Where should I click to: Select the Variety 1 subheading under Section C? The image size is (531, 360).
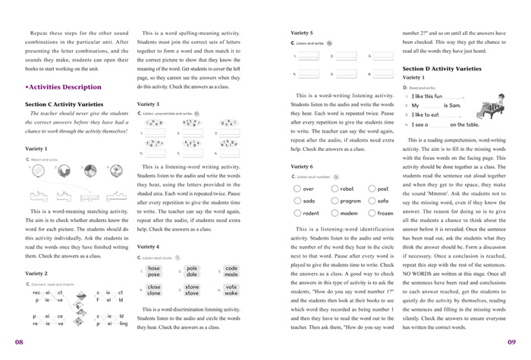tap(36, 149)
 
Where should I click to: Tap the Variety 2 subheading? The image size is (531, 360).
tap(36, 273)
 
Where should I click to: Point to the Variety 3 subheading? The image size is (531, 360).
tap(148, 104)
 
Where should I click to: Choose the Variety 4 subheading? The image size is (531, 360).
tap(148, 246)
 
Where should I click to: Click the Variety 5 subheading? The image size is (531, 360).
tap(301, 33)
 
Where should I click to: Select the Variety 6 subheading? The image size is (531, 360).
tap(301, 166)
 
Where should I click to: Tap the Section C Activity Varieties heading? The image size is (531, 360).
tap(66, 104)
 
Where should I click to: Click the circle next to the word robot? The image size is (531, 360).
tap(335, 189)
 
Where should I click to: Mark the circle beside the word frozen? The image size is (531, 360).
tap(372, 213)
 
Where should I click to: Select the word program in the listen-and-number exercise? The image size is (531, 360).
tap(350, 201)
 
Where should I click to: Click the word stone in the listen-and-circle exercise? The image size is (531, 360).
tap(192, 287)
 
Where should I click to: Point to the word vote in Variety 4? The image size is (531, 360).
tap(231, 287)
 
